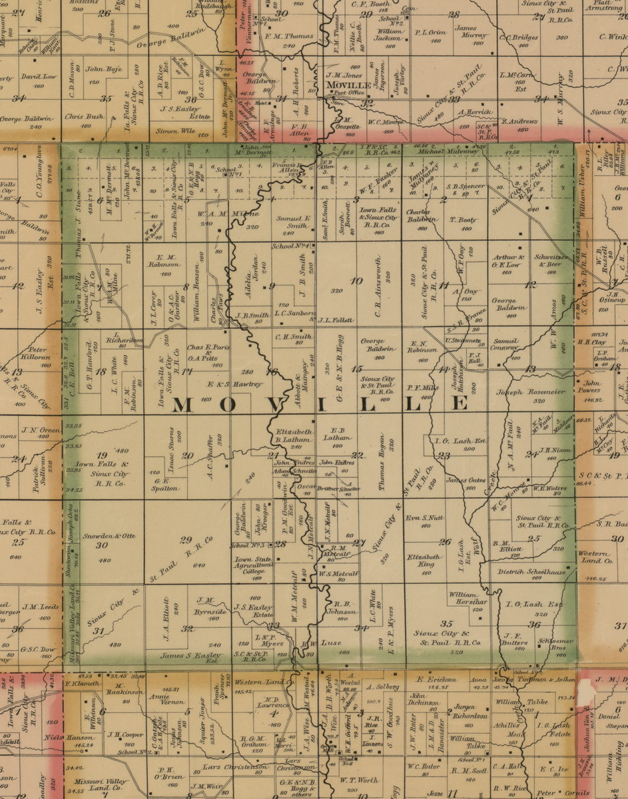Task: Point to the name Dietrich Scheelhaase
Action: [x=530, y=571]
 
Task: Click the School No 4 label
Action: [x=292, y=246]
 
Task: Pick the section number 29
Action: [x=186, y=540]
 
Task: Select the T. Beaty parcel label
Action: [x=463, y=220]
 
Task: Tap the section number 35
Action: [x=447, y=623]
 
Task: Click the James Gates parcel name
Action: [x=466, y=480]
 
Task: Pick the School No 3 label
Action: [x=244, y=545]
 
